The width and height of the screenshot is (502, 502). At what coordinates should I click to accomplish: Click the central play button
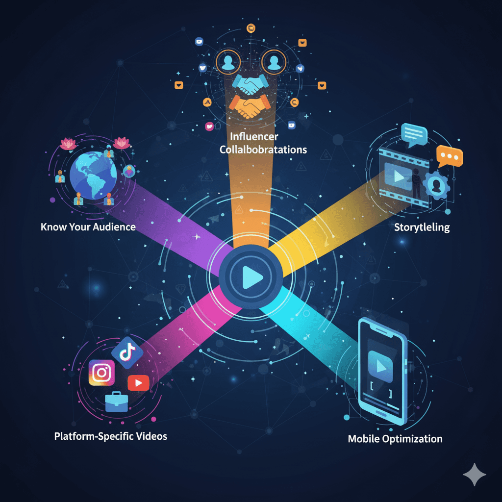(251, 277)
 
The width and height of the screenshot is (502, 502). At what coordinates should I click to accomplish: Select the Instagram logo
(102, 373)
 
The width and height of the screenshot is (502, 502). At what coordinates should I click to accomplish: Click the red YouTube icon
(139, 382)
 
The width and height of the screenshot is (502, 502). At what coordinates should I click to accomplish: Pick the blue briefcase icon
(117, 402)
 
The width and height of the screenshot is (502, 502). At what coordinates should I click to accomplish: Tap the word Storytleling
(422, 227)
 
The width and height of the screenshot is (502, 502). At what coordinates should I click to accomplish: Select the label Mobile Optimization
(395, 438)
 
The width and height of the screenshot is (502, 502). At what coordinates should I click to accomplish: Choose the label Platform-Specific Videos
(110, 436)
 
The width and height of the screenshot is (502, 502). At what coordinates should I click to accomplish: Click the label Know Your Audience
(88, 227)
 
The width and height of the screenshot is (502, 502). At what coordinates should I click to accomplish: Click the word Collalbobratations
(263, 149)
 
